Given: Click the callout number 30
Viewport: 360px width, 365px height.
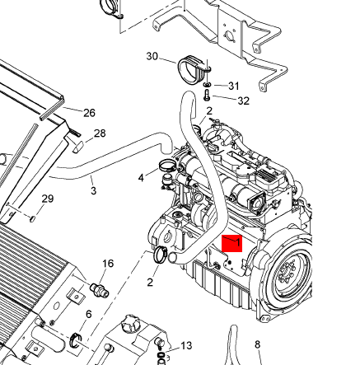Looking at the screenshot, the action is click(x=152, y=56).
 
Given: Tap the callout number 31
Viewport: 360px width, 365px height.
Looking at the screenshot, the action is click(x=234, y=86).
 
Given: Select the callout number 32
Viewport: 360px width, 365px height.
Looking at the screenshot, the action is click(x=244, y=101).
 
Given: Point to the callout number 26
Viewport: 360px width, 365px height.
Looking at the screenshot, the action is click(x=89, y=113).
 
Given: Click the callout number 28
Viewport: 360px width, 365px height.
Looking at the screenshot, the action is click(x=100, y=133).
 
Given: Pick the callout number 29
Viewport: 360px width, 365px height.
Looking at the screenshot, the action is click(x=48, y=199).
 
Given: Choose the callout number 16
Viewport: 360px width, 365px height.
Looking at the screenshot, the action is click(x=108, y=264).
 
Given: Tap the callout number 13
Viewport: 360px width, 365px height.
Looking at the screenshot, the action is click(x=186, y=345).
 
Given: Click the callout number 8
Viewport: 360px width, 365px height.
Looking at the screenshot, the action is click(x=257, y=344).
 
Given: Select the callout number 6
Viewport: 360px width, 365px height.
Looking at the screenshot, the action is click(x=89, y=314).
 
